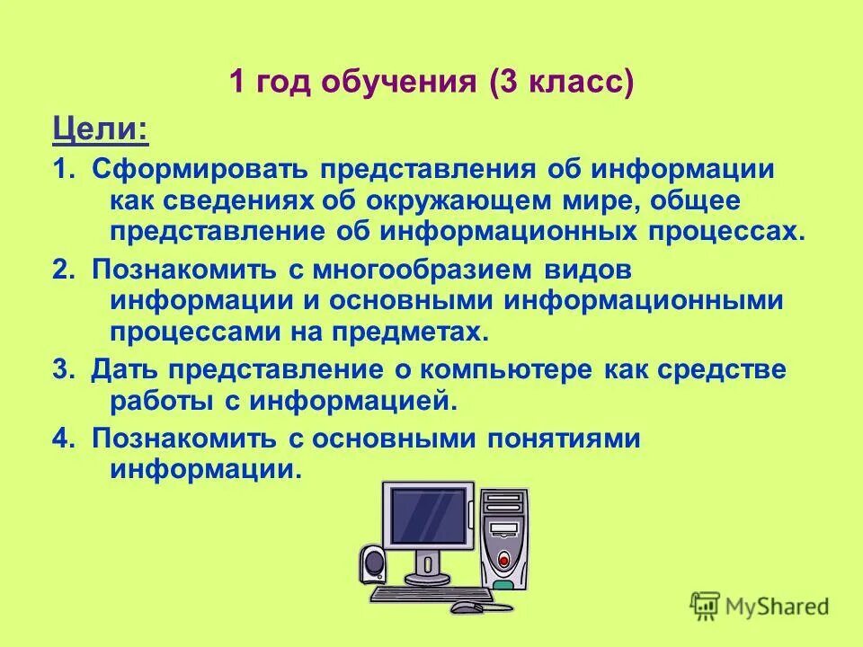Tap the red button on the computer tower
(504, 558)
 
